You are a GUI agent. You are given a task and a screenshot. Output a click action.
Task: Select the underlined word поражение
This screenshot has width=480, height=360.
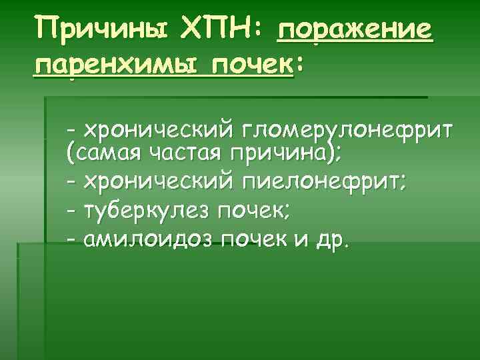point(354,30)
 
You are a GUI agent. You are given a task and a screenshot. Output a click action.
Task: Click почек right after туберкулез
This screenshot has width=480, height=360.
point(254,211)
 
